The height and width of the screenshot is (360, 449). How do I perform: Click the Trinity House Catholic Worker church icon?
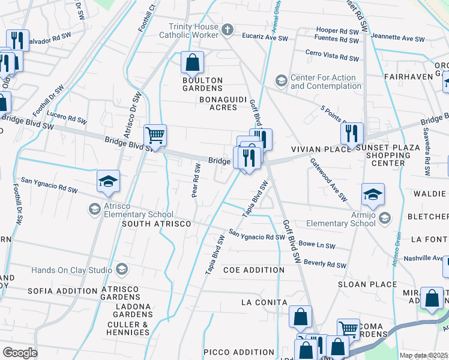point(227,29)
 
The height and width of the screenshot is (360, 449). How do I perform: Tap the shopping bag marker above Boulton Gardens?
point(192,62)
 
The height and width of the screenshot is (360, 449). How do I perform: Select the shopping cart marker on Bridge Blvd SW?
point(155,135)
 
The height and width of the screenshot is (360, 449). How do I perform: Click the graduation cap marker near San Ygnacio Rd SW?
point(108,181)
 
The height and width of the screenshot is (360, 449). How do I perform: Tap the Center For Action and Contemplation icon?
point(281,80)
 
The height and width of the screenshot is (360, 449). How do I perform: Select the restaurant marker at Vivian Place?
point(351,133)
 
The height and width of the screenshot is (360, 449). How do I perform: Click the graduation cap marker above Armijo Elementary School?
point(373,194)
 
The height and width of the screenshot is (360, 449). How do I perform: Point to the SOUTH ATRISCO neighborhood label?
point(156,224)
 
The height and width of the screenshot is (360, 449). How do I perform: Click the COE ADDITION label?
point(253,270)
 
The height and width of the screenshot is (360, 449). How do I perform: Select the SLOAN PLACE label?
point(367,284)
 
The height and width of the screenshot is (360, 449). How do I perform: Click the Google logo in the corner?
point(19,352)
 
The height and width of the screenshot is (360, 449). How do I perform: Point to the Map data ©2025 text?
point(424,355)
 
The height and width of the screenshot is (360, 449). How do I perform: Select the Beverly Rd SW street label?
point(325,264)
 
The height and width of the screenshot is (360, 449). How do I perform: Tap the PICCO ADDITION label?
point(231,352)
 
